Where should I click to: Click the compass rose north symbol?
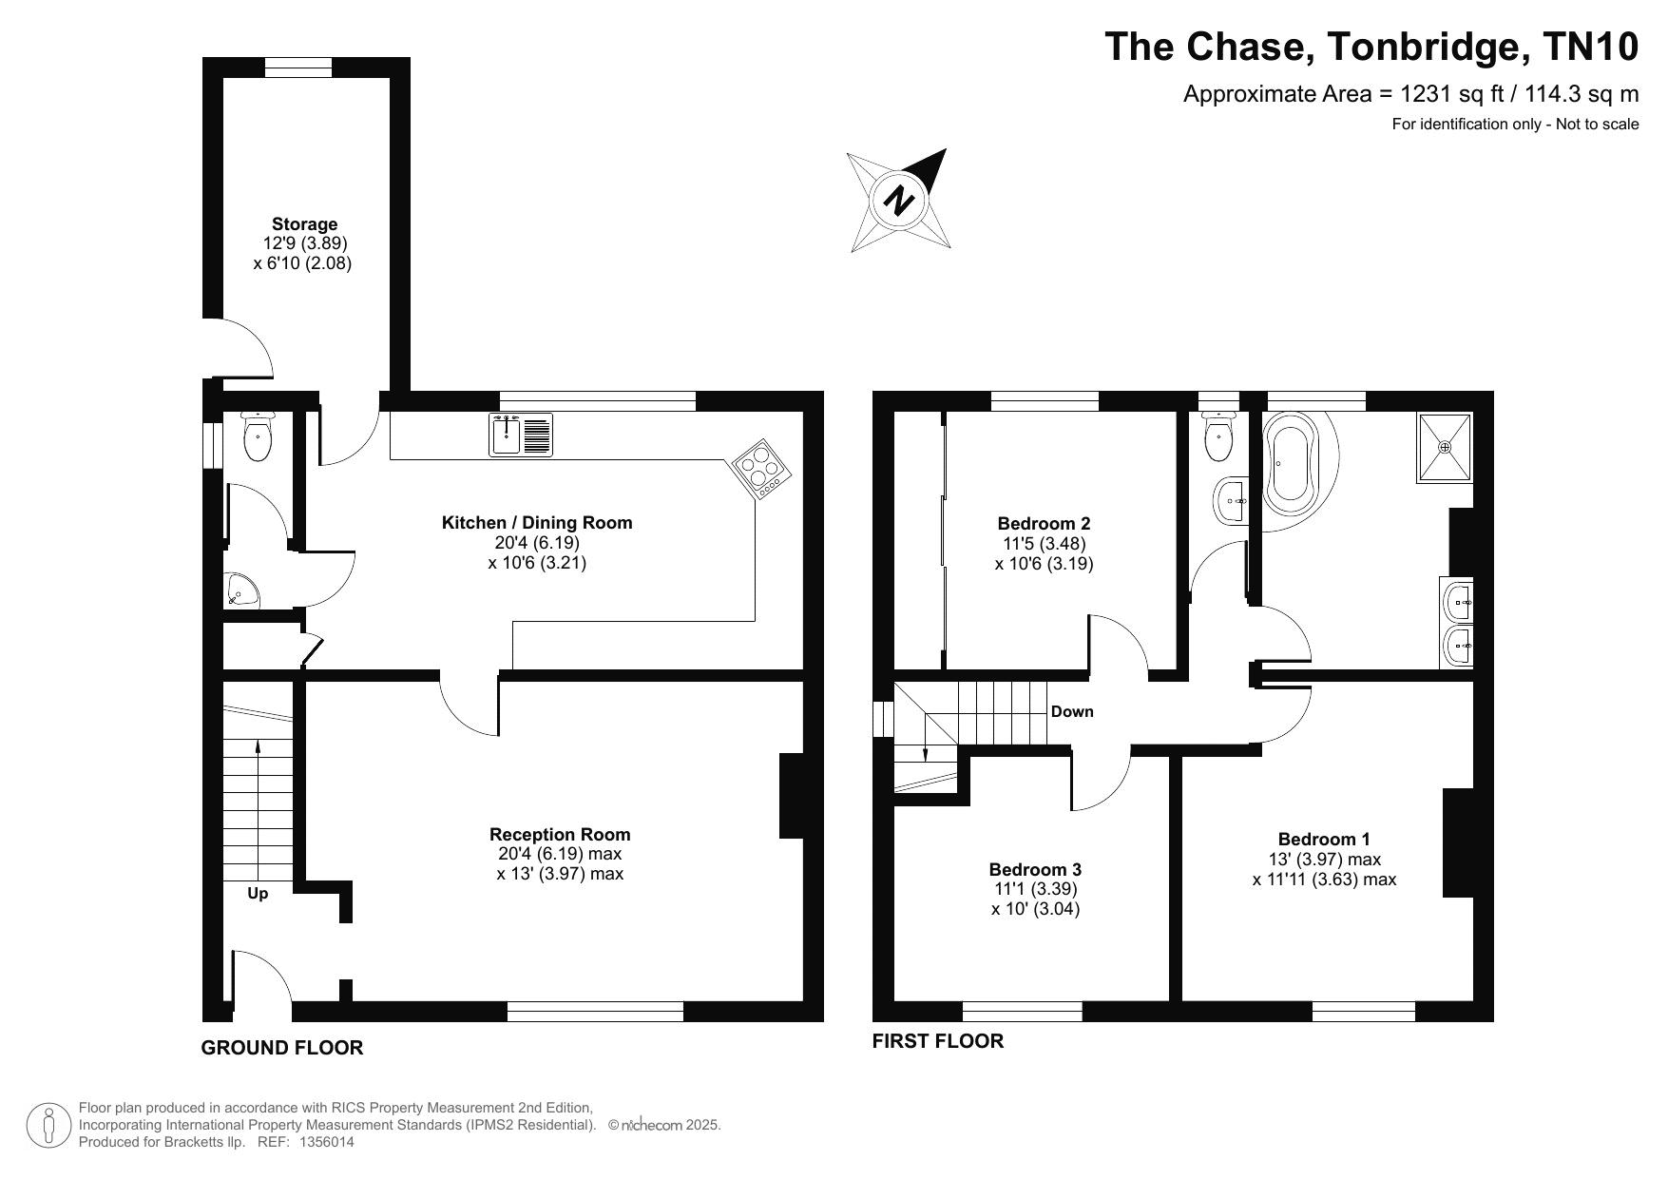898,201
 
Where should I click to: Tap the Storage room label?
304,224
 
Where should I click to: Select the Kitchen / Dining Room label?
537,522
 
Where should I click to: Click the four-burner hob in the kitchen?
763,468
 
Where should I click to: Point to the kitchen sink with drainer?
521,435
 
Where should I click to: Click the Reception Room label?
560,834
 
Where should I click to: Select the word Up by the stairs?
258,894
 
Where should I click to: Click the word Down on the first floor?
1072,711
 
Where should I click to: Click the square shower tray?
1445,447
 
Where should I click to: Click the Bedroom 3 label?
1035,869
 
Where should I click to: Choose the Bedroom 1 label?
1324,839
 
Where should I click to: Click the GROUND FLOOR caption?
282,1048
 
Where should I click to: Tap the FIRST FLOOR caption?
938,1041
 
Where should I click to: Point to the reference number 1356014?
327,1142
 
